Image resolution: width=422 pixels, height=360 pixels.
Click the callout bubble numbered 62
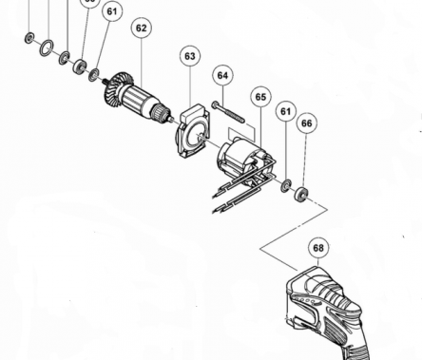click(x=141, y=28)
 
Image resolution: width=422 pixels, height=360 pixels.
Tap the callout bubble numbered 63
click(x=189, y=57)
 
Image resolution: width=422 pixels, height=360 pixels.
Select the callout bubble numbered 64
click(x=222, y=74)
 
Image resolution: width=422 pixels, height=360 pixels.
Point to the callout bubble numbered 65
click(x=260, y=96)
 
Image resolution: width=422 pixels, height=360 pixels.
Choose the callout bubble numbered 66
click(x=306, y=123)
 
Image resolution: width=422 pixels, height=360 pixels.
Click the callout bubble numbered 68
click(x=317, y=249)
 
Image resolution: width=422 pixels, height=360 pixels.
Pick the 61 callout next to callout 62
click(x=113, y=12)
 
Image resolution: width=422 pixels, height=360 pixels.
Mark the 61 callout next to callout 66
click(x=284, y=112)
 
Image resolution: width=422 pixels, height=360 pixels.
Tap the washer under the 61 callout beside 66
click(x=285, y=184)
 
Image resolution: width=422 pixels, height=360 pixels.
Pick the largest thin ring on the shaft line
click(x=47, y=47)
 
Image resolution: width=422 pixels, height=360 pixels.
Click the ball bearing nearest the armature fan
click(x=80, y=66)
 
